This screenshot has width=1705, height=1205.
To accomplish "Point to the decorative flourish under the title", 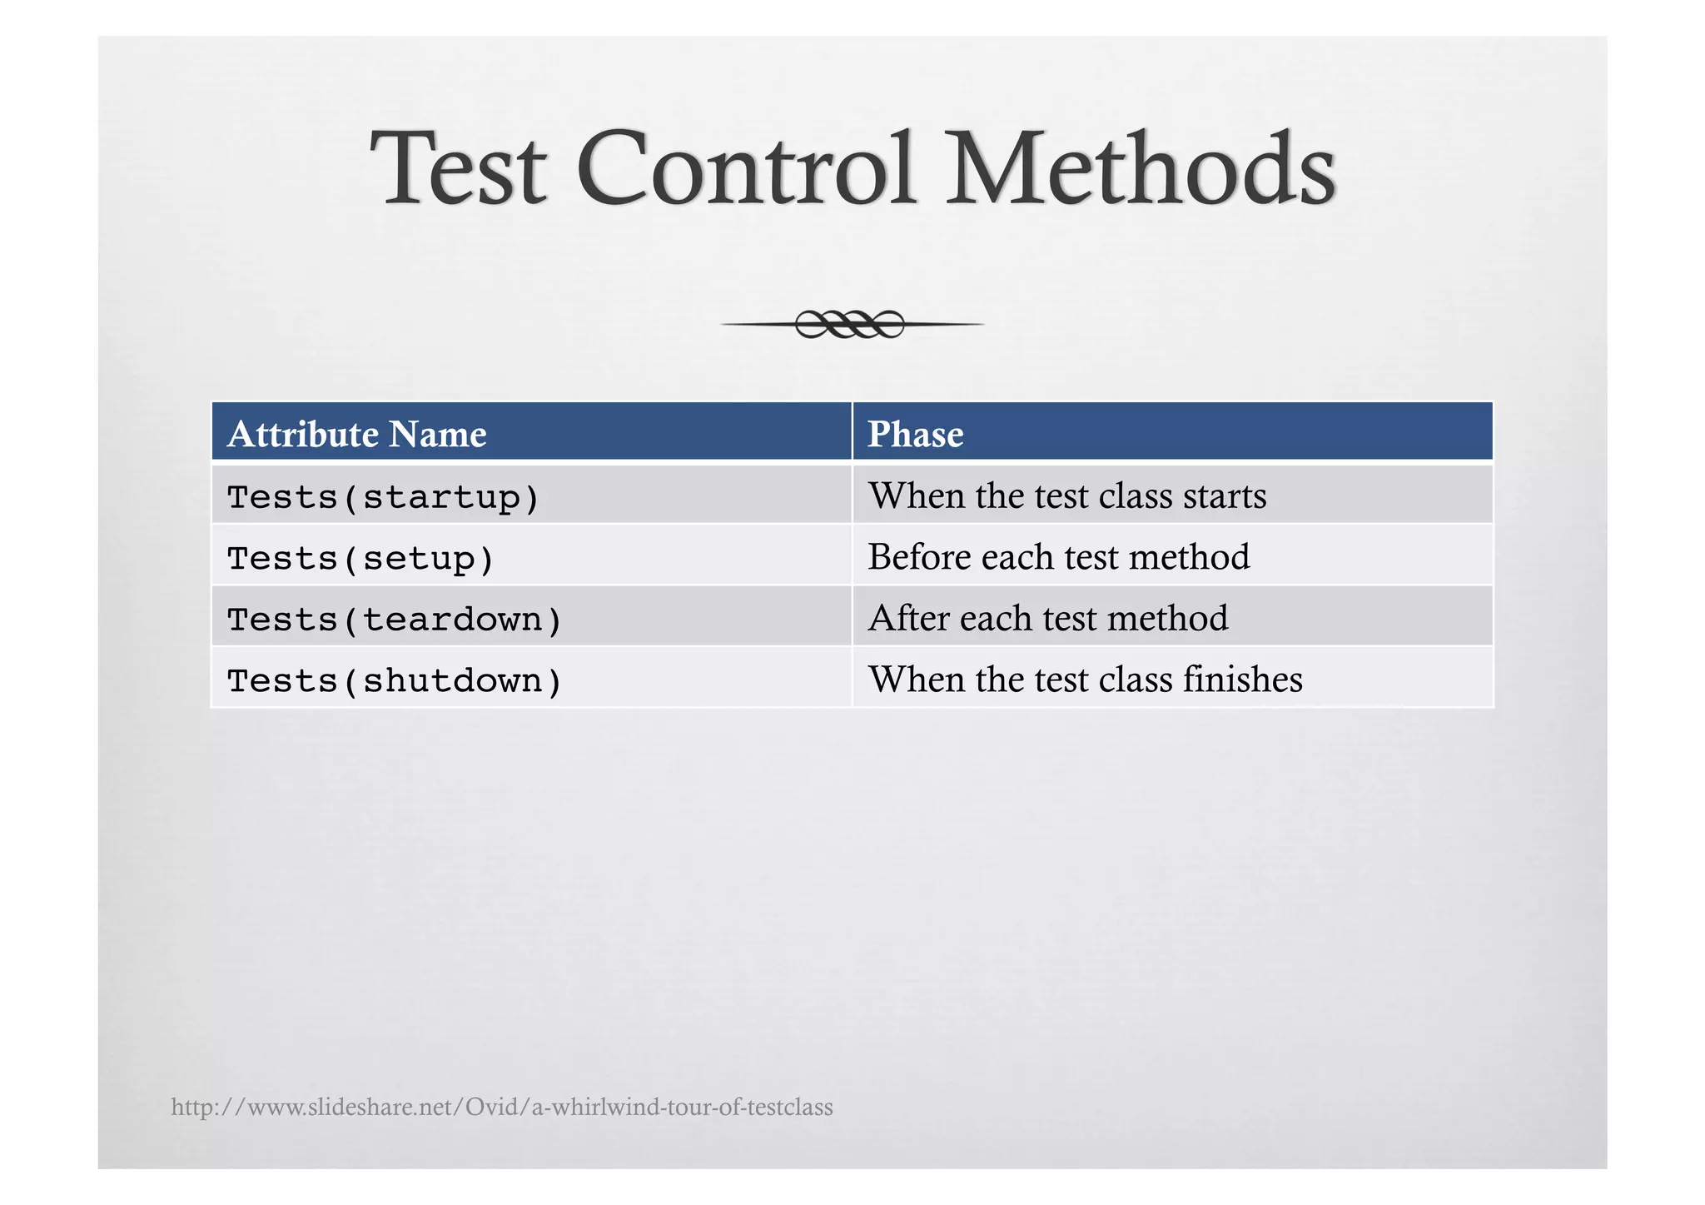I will coord(851,324).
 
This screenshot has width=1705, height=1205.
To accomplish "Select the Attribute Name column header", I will coord(356,434).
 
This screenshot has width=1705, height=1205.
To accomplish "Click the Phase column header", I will coord(915,434).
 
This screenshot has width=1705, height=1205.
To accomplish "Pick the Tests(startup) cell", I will coord(383,497).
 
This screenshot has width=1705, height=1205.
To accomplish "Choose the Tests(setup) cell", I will coord(360,558).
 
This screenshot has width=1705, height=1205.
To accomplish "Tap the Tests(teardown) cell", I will coord(395,620).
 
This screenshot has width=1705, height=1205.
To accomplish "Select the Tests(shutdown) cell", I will coord(395,681).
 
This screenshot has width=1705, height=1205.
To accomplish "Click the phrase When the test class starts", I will coord(1067,496).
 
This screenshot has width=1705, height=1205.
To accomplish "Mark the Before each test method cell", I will coord(1058,557).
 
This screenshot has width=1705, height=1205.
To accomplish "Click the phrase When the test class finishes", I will coord(1085,680).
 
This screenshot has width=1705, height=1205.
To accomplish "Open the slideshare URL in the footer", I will coord(501,1108).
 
